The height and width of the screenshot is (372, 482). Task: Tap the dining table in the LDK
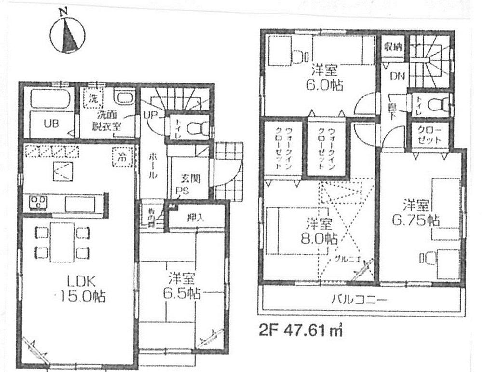tap(63, 242)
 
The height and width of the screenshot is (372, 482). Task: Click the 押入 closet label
tap(195, 217)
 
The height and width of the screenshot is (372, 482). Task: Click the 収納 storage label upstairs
tap(393, 47)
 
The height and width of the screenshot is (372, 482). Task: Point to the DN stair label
tap(396, 76)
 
